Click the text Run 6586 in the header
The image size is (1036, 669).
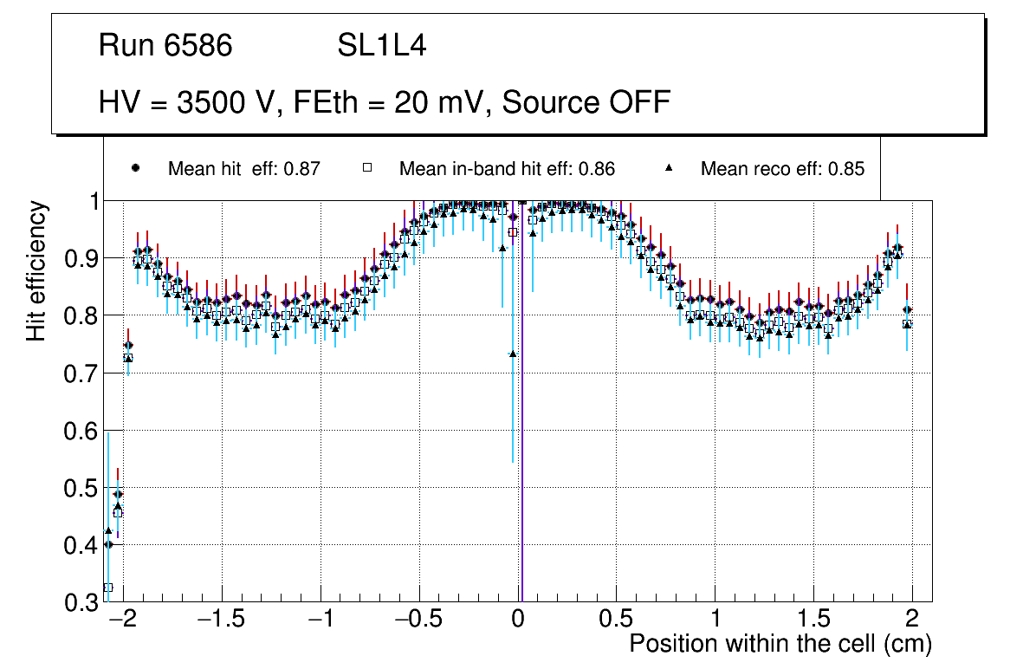coord(165,46)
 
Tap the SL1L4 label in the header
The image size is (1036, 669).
coord(382,46)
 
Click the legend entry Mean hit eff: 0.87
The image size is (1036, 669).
coord(244,169)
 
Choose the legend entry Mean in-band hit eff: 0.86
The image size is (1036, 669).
coord(507,169)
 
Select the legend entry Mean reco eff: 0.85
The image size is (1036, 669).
coord(782,169)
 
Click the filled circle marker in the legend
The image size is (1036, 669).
coord(135,168)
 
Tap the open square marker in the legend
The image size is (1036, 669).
coord(366,168)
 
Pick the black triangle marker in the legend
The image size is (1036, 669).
coord(670,168)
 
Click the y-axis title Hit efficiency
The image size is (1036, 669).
coord(36,270)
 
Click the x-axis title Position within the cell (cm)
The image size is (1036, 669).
coord(780,644)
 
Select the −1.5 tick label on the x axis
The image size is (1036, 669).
coord(221,621)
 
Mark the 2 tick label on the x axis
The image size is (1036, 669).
coord(912,621)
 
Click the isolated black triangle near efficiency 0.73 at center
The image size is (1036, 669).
coord(513,354)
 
